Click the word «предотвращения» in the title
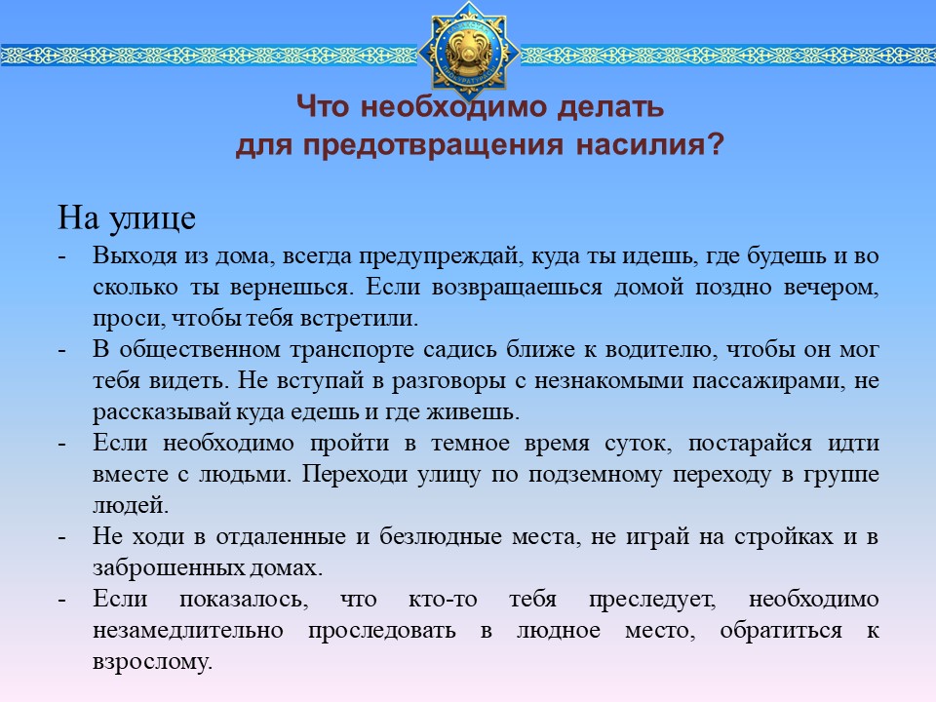pos(432,145)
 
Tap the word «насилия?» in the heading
pos(649,144)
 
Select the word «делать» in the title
pos(610,107)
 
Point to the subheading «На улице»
pos(127,217)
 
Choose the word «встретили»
pos(359,318)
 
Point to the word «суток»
pos(638,444)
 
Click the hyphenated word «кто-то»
pos(443,600)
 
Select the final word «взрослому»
pos(152,662)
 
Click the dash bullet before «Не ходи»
pos(62,537)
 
